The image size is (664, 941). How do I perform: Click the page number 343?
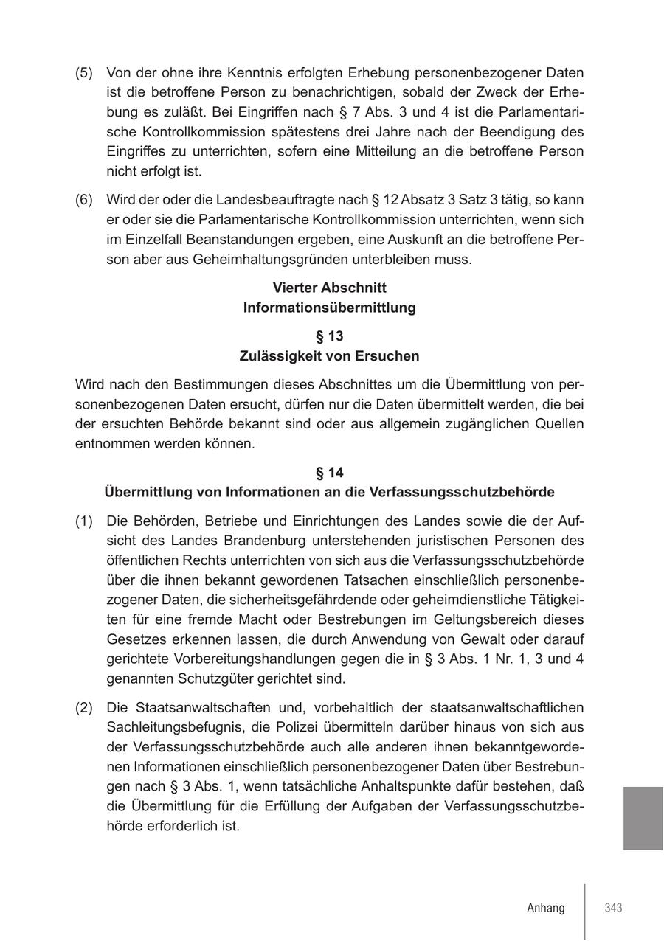pos(613,908)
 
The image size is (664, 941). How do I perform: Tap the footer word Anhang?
pos(546,908)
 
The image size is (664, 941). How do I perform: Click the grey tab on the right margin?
pos(643,818)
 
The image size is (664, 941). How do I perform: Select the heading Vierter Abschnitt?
pos(329,288)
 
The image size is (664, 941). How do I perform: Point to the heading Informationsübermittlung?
pos(329,308)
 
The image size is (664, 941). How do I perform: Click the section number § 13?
pos(329,336)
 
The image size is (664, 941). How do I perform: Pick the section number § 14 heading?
pos(329,472)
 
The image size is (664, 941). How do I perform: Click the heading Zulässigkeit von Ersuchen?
pos(329,356)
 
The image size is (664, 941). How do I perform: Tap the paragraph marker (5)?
pos(84,73)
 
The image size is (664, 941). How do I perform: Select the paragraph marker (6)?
pos(84,200)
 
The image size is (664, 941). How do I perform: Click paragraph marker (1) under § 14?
pos(84,521)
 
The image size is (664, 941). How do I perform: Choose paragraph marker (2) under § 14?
pos(84,707)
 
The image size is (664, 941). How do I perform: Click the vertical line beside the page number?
pos(585,912)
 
